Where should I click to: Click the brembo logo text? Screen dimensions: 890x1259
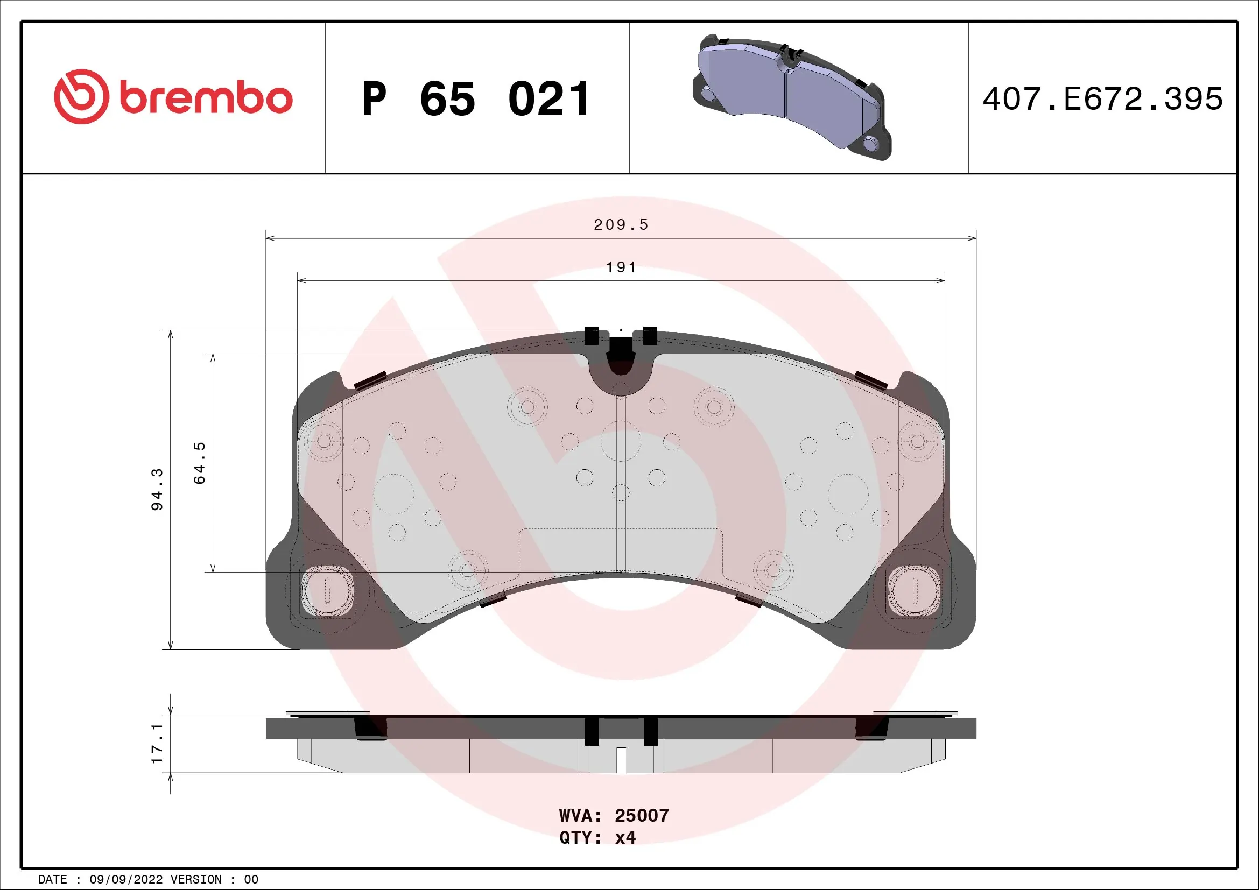206,98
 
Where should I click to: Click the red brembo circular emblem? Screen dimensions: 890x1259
81,96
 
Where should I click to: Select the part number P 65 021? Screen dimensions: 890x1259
476,99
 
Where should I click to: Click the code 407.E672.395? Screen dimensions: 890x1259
1102,99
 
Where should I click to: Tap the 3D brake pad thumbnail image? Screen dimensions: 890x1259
792,97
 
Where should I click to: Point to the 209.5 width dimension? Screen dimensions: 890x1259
621,225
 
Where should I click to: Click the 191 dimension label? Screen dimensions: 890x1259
621,267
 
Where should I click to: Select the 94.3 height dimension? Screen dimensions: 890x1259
157,489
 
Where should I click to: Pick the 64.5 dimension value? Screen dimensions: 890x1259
200,463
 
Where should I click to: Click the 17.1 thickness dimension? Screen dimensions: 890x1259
157,743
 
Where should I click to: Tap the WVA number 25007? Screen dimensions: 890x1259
642,815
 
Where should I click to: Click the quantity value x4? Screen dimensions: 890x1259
625,837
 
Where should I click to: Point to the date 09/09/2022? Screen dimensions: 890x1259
126,880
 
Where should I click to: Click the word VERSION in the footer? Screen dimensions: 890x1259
196,880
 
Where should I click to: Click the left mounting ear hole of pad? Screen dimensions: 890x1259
327,591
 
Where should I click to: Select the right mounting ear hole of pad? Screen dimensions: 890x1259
914,591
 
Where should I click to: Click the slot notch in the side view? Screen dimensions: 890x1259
621,760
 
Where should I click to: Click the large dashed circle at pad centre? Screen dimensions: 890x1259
621,441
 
